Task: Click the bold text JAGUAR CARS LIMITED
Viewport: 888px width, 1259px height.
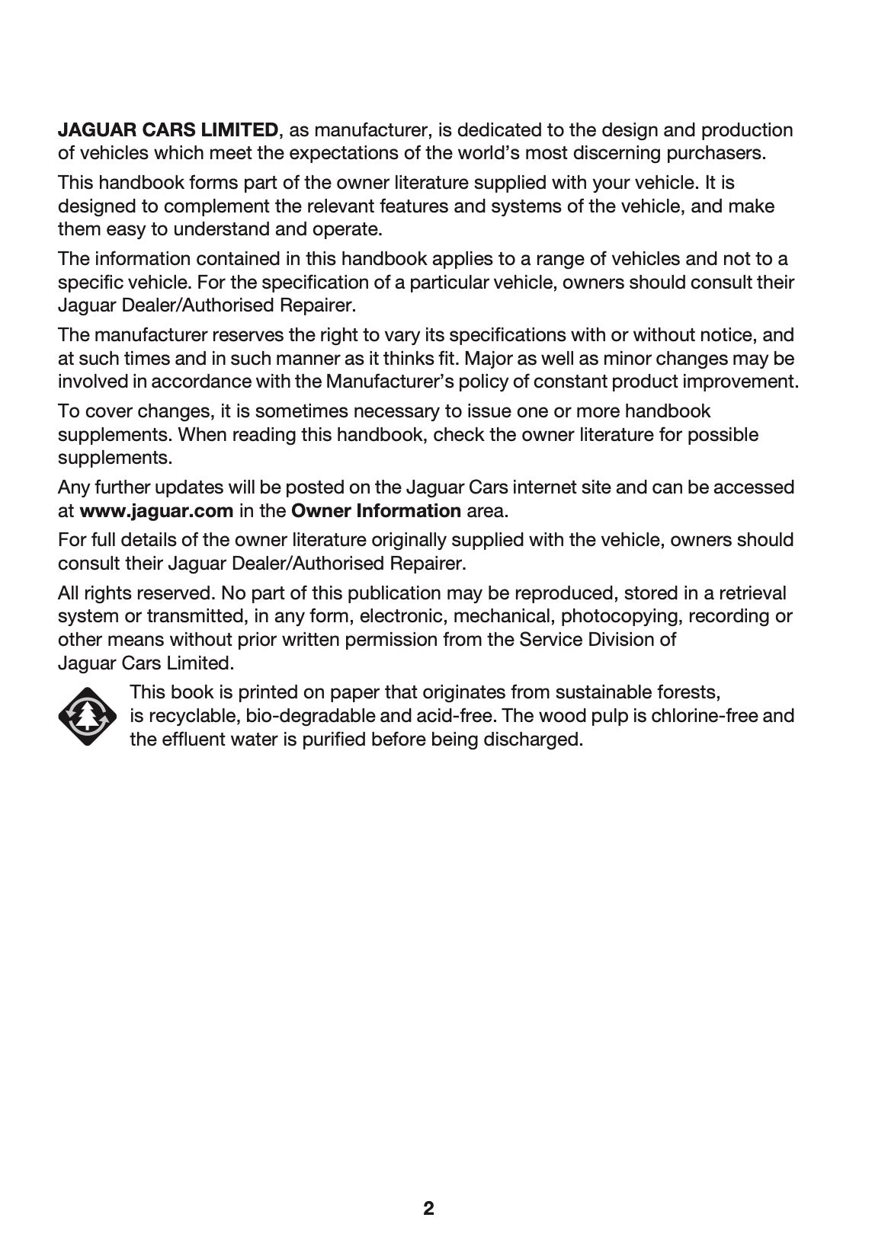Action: [168, 129]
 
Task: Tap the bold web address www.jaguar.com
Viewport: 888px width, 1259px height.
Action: [156, 510]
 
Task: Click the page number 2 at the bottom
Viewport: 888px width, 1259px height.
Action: [428, 1209]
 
